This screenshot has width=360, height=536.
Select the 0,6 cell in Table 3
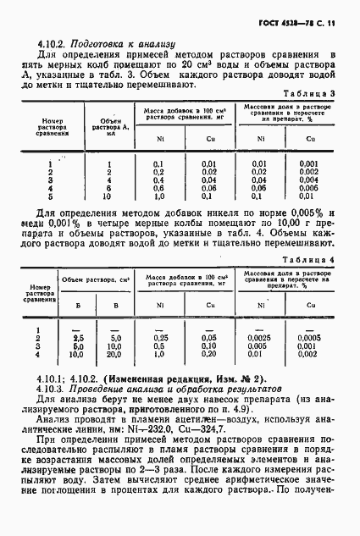(158, 188)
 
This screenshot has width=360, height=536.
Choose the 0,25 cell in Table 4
(158, 337)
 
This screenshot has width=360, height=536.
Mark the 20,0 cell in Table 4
(117, 353)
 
